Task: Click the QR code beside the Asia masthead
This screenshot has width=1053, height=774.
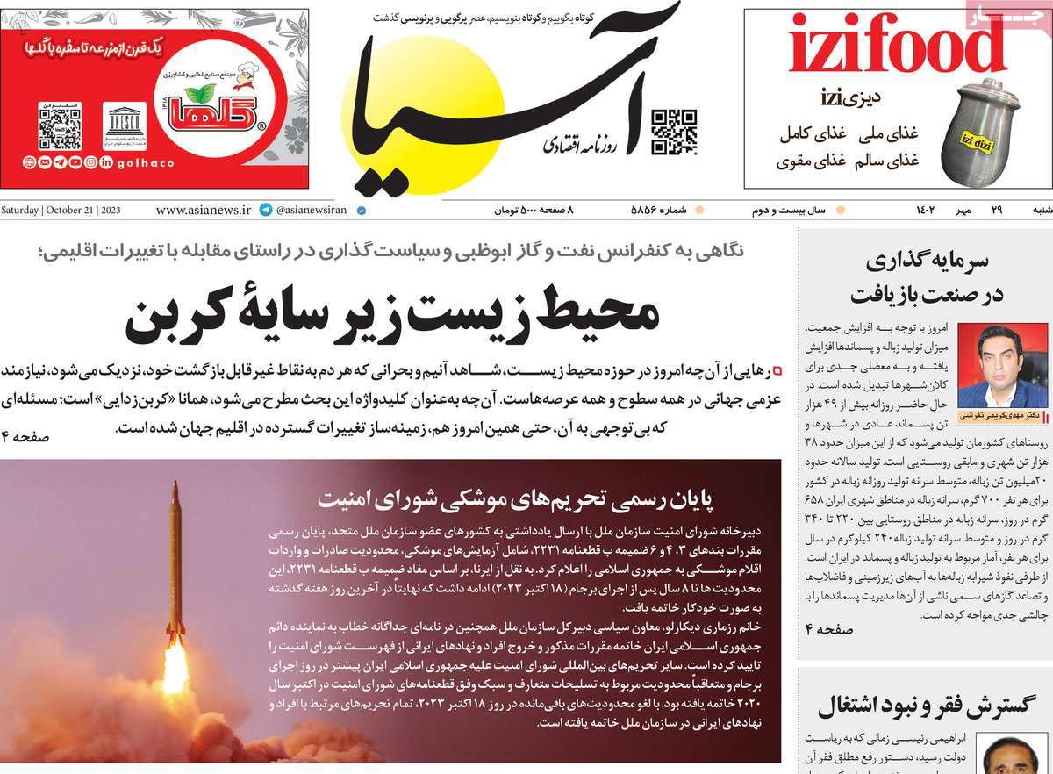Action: coord(674,133)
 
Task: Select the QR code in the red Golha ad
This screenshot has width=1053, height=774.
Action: coord(60,126)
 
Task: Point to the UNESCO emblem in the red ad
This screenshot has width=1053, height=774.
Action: coord(125,126)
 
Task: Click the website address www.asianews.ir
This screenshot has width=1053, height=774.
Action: coord(203,211)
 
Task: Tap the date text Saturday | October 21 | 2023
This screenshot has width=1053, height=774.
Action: coord(61,211)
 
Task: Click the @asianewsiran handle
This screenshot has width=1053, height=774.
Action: coord(312,211)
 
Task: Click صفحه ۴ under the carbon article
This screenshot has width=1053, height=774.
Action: coord(26,436)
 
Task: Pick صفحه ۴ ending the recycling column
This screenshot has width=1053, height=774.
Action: coord(829,629)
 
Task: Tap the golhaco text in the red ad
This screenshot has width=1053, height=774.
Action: coord(145,163)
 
